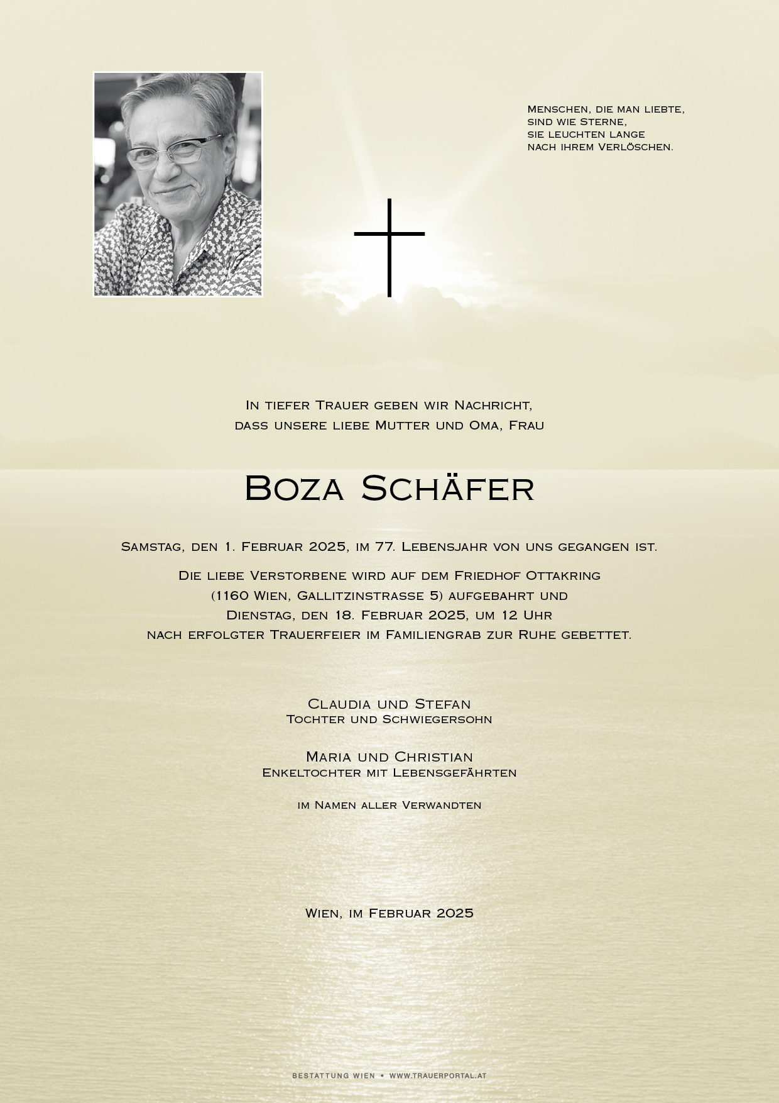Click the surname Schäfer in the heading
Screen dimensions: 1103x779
(448, 488)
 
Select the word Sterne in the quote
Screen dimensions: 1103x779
(604, 122)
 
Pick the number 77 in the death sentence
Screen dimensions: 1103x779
(384, 546)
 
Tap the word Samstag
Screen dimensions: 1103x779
(151, 547)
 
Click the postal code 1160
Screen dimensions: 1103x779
(232, 596)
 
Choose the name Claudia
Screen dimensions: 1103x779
(339, 704)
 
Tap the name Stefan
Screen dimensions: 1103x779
(443, 704)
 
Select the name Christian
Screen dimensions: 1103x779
(433, 757)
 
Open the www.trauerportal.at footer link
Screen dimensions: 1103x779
(438, 1076)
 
